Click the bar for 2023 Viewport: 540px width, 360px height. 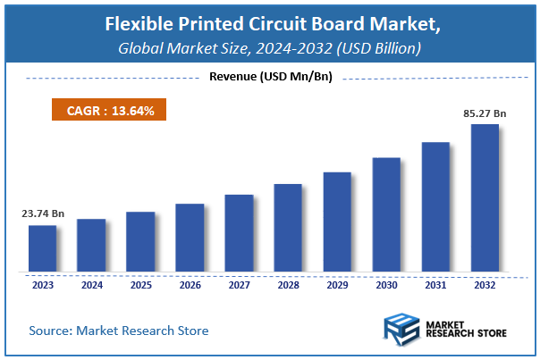tap(42, 247)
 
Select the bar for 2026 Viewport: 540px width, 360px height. tap(190, 237)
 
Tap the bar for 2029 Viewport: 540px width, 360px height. tap(337, 221)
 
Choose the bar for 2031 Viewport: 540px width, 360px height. tap(435, 205)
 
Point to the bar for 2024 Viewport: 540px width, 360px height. tap(91, 244)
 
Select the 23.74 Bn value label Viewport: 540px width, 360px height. tap(42, 214)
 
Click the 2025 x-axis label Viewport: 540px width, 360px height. tap(140, 286)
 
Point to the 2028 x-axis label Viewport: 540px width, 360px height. tap(288, 286)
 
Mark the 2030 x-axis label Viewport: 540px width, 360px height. tap(386, 286)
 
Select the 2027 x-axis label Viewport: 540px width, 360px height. tap(239, 286)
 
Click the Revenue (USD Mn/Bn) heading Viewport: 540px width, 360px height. tap(270, 77)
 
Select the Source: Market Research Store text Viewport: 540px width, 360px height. tap(119, 331)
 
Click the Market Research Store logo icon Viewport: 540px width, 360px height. tap(401, 330)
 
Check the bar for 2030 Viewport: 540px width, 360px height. tap(386, 213)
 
